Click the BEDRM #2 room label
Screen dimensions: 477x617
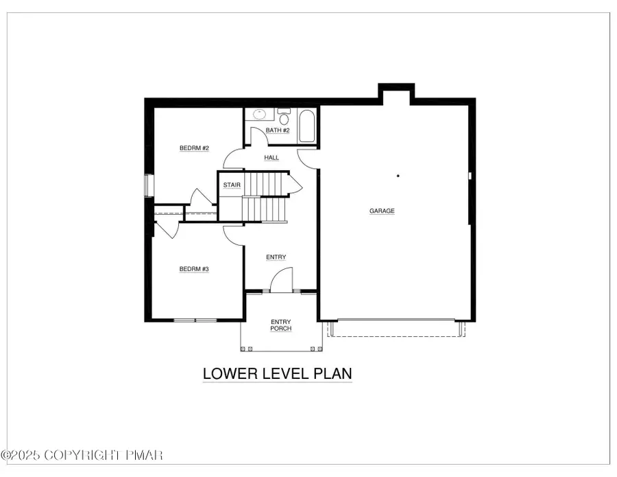(194, 148)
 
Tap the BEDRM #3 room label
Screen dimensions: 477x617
(194, 269)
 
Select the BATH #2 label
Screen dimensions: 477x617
(278, 130)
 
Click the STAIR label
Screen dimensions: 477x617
(231, 185)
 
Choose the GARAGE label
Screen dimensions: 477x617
(382, 211)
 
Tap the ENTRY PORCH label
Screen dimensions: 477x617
(281, 325)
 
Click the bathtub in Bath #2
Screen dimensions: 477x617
(307, 126)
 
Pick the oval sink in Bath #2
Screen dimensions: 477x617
(260, 115)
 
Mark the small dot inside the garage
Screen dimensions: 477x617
(398, 176)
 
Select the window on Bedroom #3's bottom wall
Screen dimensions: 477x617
(195, 320)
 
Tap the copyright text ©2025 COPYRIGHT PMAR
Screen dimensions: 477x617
(82, 455)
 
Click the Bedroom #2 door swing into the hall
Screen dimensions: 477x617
(234, 160)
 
